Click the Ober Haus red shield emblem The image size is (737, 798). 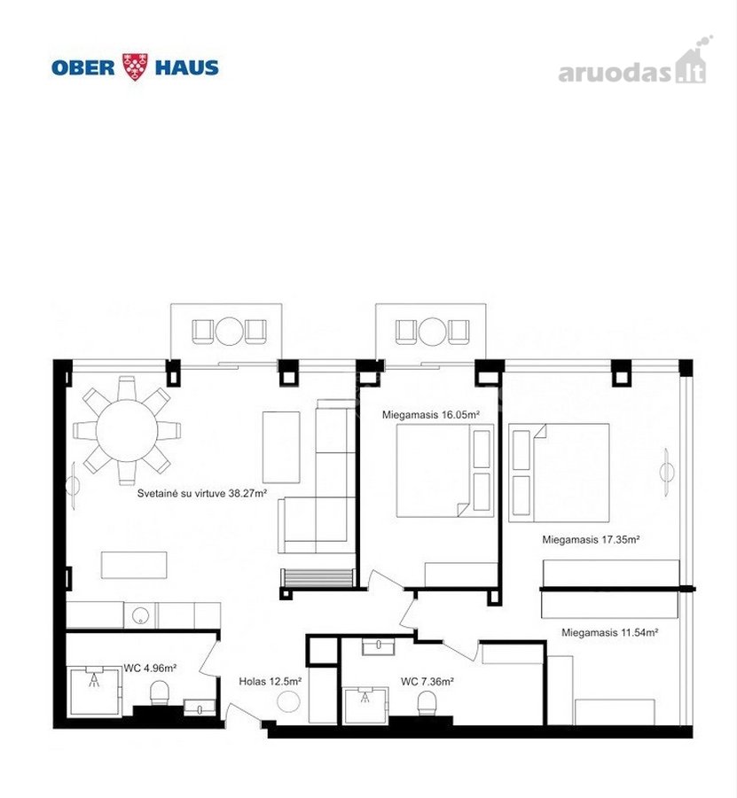[x=135, y=66]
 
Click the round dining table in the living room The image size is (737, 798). [x=127, y=431]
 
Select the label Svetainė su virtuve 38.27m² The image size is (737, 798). [x=202, y=493]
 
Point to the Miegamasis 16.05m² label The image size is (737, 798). [x=431, y=415]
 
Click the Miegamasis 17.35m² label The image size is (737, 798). [x=591, y=539]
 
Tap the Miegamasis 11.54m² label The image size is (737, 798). [x=610, y=632]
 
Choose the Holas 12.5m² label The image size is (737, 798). [x=270, y=681]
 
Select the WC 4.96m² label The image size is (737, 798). [x=150, y=668]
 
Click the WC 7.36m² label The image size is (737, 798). [x=427, y=681]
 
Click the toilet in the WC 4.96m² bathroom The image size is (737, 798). [x=160, y=693]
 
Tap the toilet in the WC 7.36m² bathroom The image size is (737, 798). [x=427, y=704]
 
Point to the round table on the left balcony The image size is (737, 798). [x=229, y=332]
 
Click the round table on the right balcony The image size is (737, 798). [x=432, y=332]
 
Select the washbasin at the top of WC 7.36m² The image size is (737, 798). [x=378, y=647]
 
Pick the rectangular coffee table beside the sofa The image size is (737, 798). [x=281, y=447]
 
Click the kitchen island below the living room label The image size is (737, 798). [x=134, y=565]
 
